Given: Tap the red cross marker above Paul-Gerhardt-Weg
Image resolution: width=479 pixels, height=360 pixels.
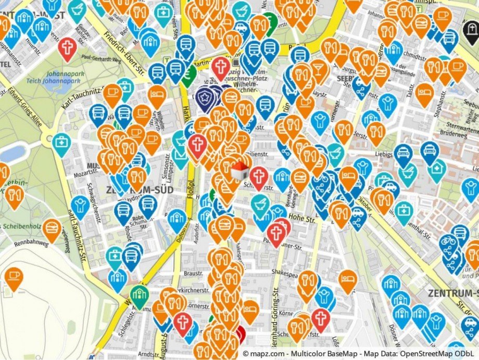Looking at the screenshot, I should click(67, 47).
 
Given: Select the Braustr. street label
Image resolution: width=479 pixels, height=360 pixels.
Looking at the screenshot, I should click(193, 273).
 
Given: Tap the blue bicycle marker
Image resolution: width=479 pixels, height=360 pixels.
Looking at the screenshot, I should click(449, 243).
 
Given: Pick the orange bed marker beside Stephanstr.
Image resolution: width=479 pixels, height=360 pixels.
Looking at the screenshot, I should click(425, 93).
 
